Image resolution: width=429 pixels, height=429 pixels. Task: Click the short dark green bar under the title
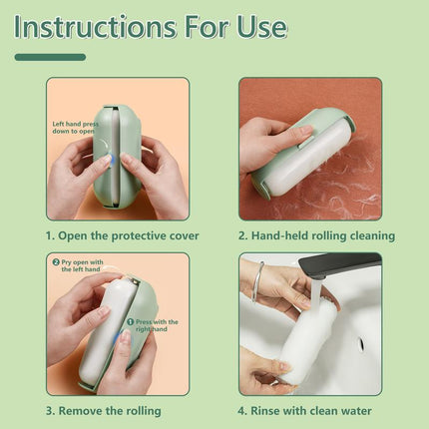[49, 57]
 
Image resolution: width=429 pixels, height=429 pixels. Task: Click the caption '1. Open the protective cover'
[122, 235]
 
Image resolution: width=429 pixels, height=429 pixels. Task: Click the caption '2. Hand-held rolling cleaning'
[317, 235]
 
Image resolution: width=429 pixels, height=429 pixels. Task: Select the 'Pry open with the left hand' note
[78, 265]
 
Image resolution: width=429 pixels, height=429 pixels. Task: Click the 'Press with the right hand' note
[155, 325]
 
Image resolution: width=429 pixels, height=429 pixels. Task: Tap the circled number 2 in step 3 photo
[57, 261]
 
